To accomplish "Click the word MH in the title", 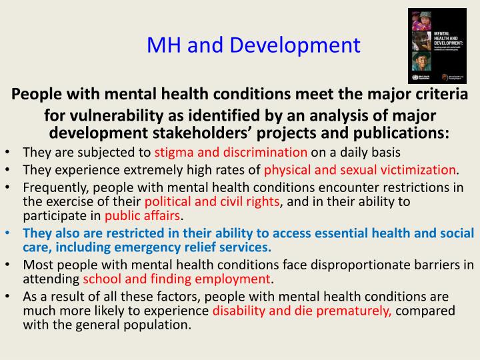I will [x=164, y=45].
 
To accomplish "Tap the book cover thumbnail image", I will [x=433, y=46].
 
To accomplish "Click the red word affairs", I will [x=162, y=215].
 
